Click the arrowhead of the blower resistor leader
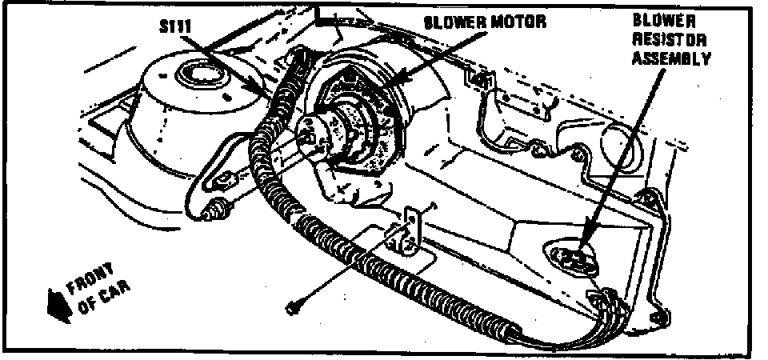583,245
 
